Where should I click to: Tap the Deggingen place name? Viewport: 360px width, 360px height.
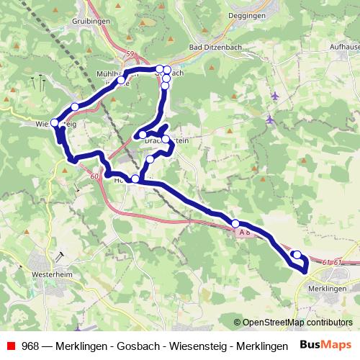click(246, 14)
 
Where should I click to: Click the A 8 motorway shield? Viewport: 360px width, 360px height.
click(244, 233)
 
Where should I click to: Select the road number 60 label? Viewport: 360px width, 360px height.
click(96, 176)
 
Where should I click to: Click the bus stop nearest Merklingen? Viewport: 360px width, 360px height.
click(297, 254)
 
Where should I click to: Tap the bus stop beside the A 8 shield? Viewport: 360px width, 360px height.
click(235, 223)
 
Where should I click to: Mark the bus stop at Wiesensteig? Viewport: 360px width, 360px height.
click(55, 123)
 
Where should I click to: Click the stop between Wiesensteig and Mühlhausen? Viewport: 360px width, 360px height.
click(75, 108)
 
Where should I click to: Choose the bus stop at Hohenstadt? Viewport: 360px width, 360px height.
click(135, 179)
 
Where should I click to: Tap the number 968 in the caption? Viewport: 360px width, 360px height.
click(30, 345)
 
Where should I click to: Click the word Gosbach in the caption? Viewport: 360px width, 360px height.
click(134, 345)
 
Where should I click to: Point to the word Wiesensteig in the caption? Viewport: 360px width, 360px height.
click(193, 345)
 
